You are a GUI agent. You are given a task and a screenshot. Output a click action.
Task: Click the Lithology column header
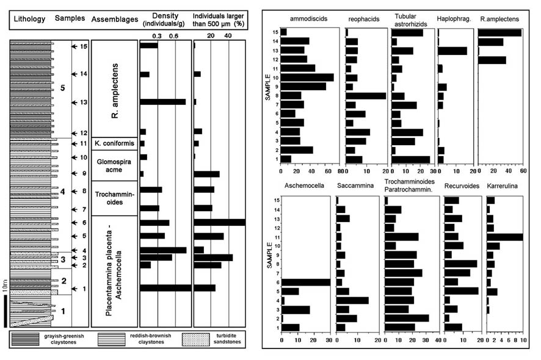tap(29, 19)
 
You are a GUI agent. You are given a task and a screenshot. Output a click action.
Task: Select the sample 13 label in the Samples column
tap(83, 102)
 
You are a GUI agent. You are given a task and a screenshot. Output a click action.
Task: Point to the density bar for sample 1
tap(165, 288)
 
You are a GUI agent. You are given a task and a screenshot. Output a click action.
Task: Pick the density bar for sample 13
tap(162, 102)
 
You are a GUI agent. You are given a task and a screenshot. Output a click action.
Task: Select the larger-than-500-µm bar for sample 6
tap(219, 223)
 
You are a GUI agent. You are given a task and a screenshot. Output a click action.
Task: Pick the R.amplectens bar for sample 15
tap(499, 32)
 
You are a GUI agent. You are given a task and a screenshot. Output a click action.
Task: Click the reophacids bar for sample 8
tap(365, 95)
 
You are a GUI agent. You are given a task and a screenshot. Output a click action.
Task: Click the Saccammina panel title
tap(355, 186)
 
